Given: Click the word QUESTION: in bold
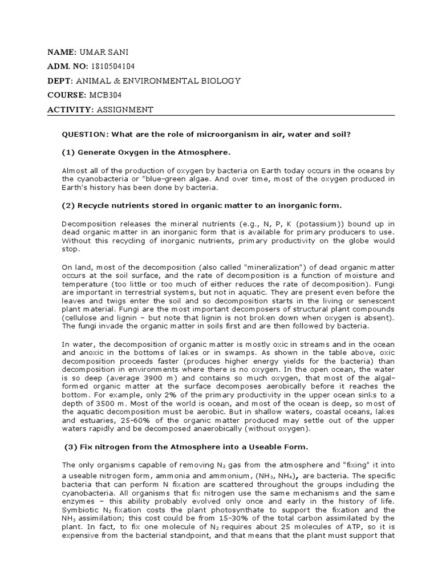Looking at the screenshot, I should coord(85,134).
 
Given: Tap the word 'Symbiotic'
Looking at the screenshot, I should coord(80,509).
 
